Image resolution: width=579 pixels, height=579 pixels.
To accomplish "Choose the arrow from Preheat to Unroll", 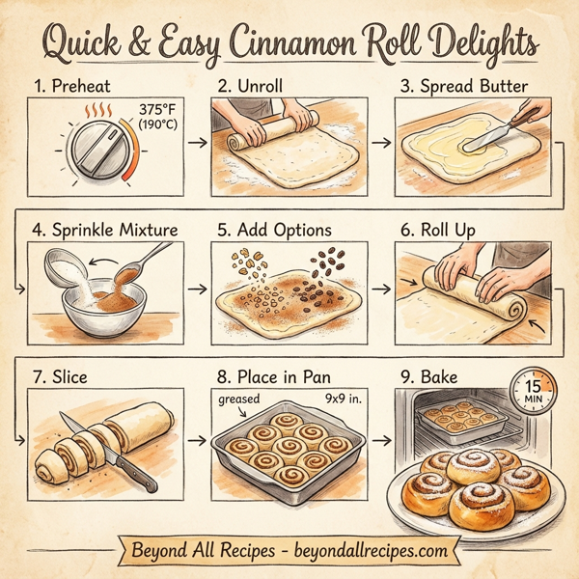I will pyautogui.click(x=196, y=144).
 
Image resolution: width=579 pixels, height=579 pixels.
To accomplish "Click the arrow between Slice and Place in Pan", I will pyautogui.click(x=196, y=443).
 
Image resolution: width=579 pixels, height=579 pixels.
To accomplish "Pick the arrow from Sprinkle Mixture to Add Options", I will pyautogui.click(x=196, y=288).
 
